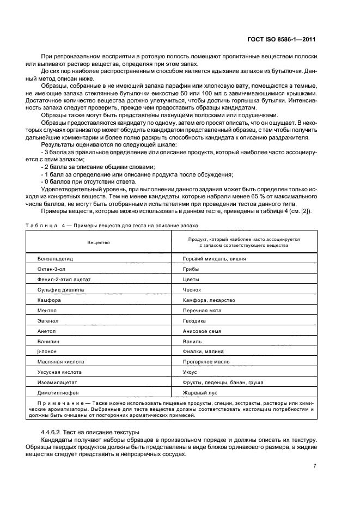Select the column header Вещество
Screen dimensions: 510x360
[x=99, y=242]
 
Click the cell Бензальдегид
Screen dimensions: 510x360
[x=55, y=259]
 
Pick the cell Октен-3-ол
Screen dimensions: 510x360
[x=51, y=269]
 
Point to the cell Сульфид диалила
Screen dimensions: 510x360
[x=58, y=290]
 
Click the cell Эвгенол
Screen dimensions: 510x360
[x=48, y=321]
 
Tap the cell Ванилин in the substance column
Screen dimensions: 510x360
[x=48, y=341]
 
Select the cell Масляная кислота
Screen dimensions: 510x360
[x=60, y=362]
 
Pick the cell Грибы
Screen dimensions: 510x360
[x=191, y=269]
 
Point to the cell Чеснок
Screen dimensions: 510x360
[x=193, y=290]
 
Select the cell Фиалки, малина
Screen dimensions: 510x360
[x=204, y=351]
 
